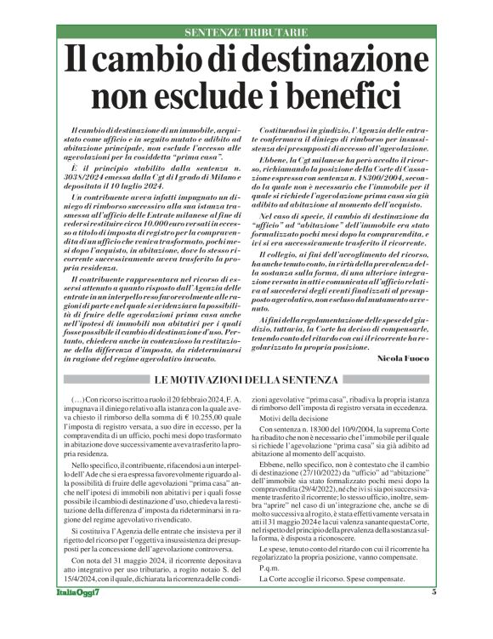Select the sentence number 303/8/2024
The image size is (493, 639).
click(x=88, y=176)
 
